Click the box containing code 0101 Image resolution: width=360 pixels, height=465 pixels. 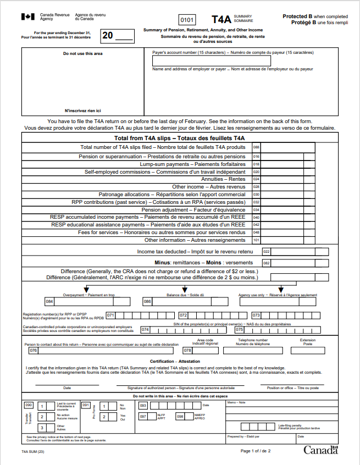pos(188,20)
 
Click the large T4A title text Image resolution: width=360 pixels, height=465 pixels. pos(221,19)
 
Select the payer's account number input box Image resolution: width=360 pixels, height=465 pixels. pos(211,60)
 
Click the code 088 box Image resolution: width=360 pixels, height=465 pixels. pos(256,147)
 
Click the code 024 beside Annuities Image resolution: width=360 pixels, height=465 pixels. pos(256,179)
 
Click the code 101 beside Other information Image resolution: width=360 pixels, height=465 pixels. pos(256,240)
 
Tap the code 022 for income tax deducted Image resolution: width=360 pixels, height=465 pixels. pos(267,251)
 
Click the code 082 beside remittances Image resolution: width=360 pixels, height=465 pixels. pos(267,263)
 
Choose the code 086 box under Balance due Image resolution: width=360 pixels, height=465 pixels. pos(147,301)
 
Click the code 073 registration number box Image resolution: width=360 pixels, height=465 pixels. pos(256,315)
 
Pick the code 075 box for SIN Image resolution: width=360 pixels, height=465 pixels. pos(240,330)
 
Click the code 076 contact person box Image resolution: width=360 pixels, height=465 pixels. pos(34,350)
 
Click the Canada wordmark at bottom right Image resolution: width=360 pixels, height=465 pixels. pos(321,450)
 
